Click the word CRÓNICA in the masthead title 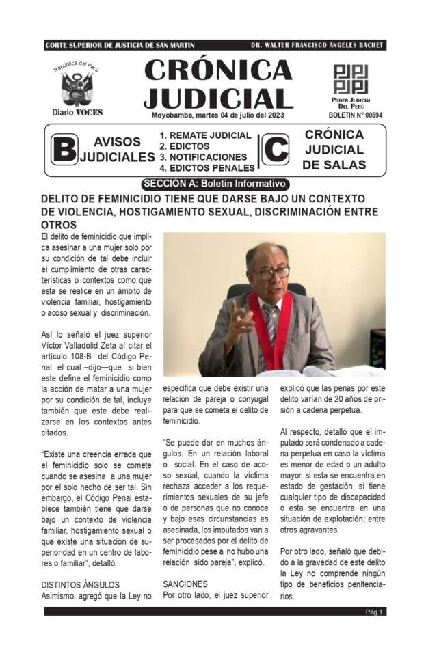point(218,70)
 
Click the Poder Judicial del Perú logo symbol point(350,79)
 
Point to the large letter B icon point(64,150)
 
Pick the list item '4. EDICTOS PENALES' point(207,168)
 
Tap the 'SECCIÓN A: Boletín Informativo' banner point(215,184)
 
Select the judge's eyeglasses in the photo point(273,272)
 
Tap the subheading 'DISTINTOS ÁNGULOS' point(80,585)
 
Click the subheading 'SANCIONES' point(184,585)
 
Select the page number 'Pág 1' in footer point(374,612)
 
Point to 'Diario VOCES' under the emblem point(77,112)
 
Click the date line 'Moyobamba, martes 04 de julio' point(218,115)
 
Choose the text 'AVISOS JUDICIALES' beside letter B point(117,150)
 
